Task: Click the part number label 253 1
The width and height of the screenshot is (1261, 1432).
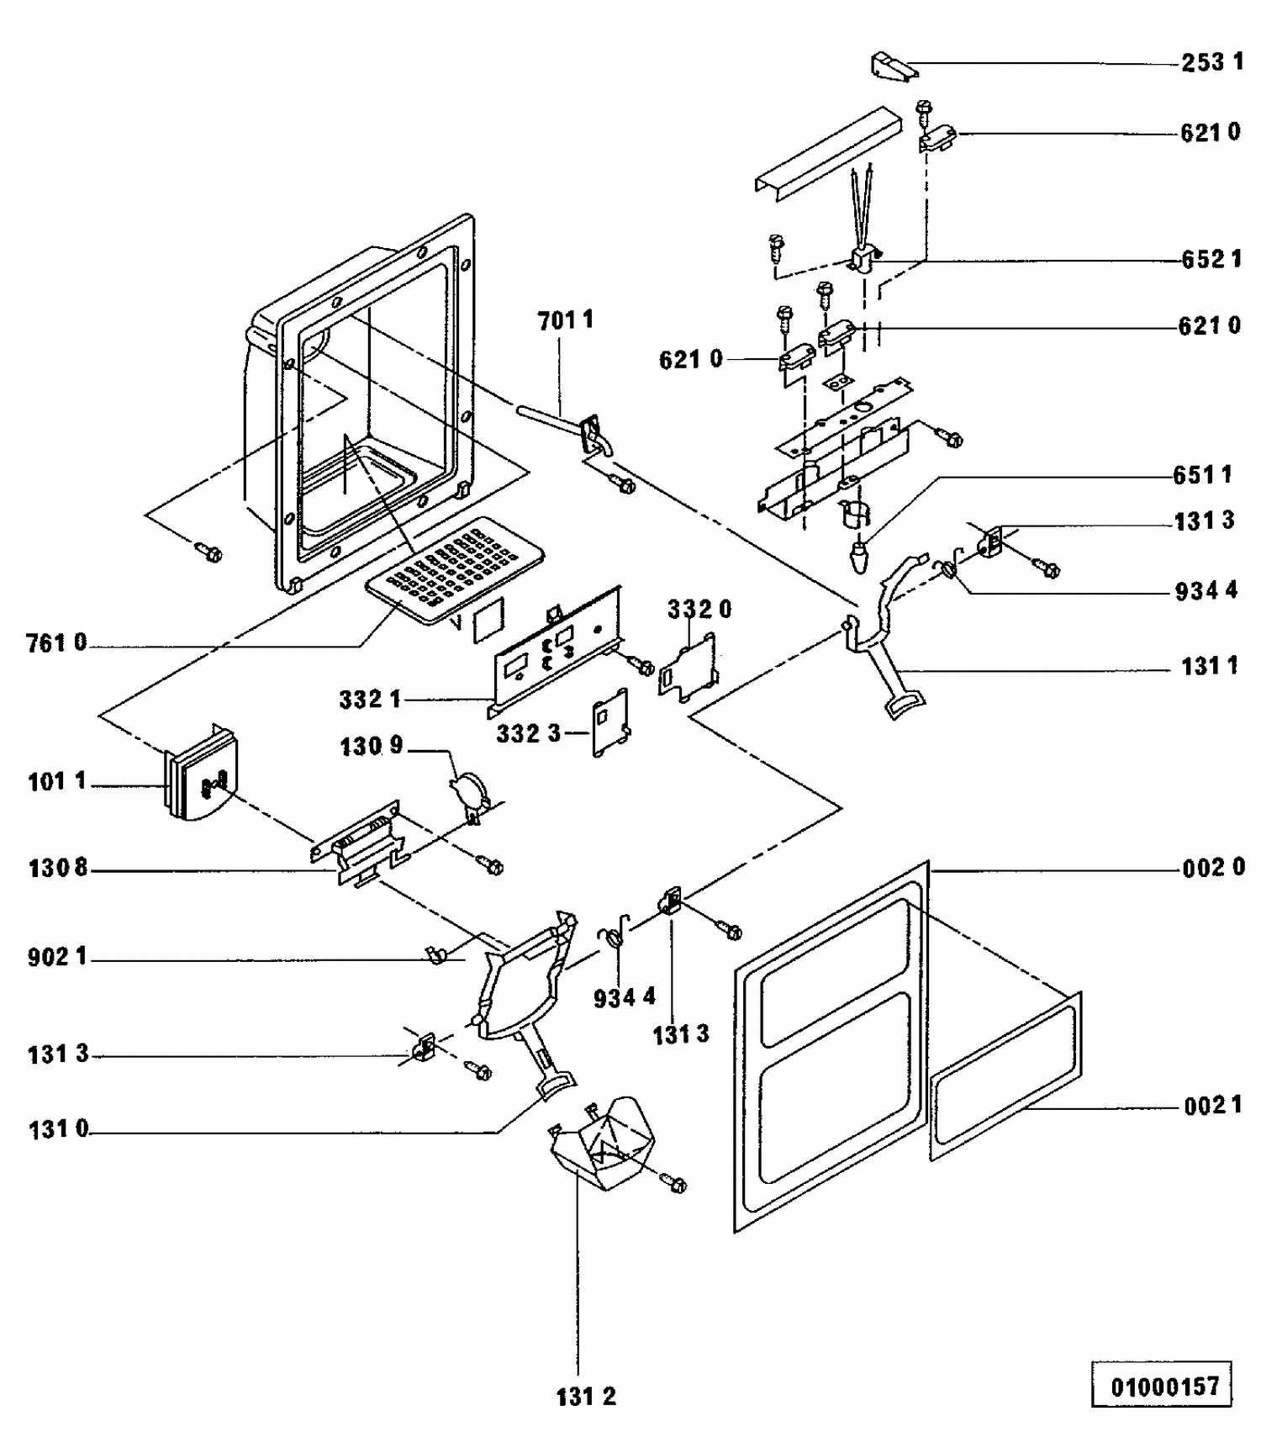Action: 1211,62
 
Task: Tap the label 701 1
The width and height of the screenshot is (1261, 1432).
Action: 565,320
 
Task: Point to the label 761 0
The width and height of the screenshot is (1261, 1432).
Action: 56,643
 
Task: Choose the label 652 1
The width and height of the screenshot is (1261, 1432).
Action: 1211,259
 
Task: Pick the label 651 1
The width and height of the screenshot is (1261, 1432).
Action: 1203,475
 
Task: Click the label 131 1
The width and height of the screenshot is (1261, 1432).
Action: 1210,667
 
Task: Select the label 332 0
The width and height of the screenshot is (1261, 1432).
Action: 699,609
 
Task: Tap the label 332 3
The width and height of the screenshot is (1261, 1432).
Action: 528,733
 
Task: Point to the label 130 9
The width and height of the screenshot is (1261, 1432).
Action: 372,746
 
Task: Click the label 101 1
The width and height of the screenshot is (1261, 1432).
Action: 56,782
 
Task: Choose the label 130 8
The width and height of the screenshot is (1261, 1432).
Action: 57,868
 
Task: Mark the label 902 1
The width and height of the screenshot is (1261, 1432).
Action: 57,957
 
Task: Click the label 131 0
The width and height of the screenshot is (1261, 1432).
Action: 58,1129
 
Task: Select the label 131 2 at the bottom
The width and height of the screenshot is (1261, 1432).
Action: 586,1397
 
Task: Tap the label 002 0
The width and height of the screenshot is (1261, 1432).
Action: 1213,867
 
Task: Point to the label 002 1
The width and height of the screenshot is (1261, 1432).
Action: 1213,1106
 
